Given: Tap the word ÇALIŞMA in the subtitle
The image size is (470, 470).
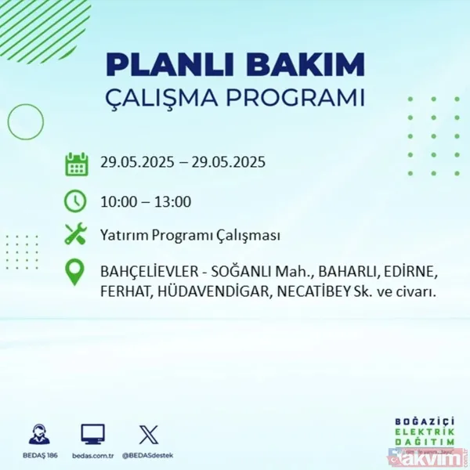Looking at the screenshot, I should (170, 99).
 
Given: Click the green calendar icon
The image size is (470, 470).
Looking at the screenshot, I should (76, 164).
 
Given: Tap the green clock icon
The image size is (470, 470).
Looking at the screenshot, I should (76, 201).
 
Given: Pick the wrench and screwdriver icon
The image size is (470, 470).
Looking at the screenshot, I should (76, 235).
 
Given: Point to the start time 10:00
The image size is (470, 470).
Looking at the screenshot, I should (117, 201).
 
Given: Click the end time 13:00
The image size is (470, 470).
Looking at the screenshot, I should (173, 201).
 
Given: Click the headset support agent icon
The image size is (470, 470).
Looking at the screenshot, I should (39, 433).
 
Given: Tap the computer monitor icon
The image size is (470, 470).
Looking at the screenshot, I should (92, 433).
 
